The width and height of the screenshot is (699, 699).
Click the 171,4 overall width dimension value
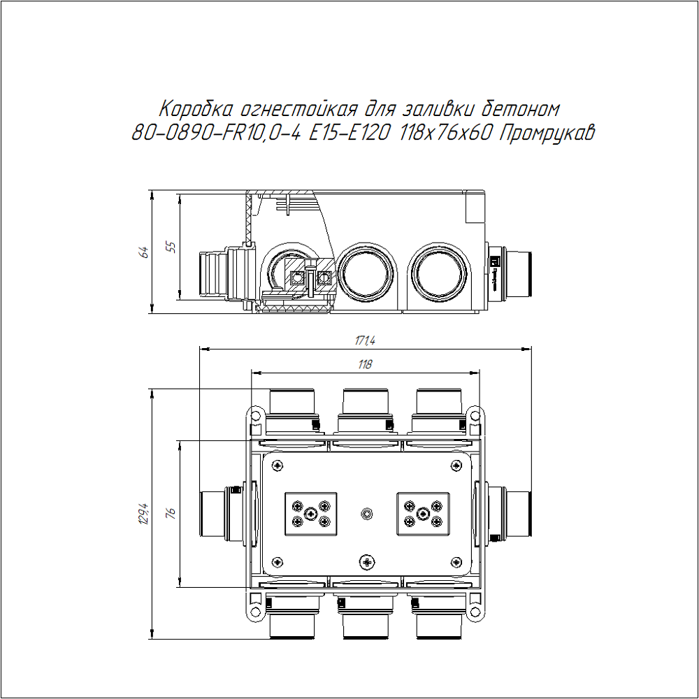(365, 340)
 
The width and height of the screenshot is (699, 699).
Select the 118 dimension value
(365, 364)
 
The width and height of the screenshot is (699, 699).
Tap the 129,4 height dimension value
(144, 514)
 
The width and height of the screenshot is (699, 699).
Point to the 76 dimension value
(171, 512)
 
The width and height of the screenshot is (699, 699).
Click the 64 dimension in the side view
(144, 252)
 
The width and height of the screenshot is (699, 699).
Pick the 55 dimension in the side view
(171, 247)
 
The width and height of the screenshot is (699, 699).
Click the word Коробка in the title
(196, 109)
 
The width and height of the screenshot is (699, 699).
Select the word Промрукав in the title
(547, 133)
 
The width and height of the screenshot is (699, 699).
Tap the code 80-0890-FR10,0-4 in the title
(216, 133)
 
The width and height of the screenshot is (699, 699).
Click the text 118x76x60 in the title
(445, 132)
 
